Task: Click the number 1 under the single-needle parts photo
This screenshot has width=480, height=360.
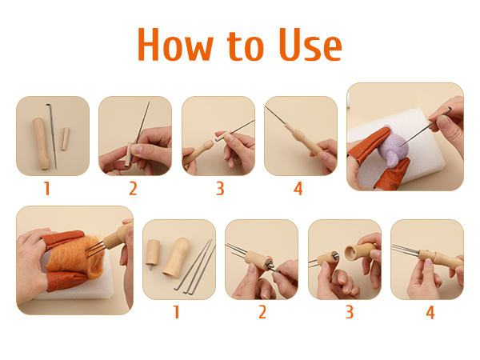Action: (47, 190)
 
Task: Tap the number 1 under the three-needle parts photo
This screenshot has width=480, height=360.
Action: (176, 312)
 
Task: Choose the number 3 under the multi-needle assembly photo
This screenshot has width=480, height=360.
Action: (349, 312)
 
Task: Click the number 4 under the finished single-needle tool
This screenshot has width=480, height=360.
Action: (298, 190)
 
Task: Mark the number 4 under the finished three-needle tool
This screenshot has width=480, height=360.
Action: (430, 312)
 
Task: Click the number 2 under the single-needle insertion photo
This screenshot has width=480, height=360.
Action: (133, 190)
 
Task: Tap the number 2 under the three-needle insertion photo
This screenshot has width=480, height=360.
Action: (262, 312)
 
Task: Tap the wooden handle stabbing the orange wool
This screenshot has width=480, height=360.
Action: (119, 237)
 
